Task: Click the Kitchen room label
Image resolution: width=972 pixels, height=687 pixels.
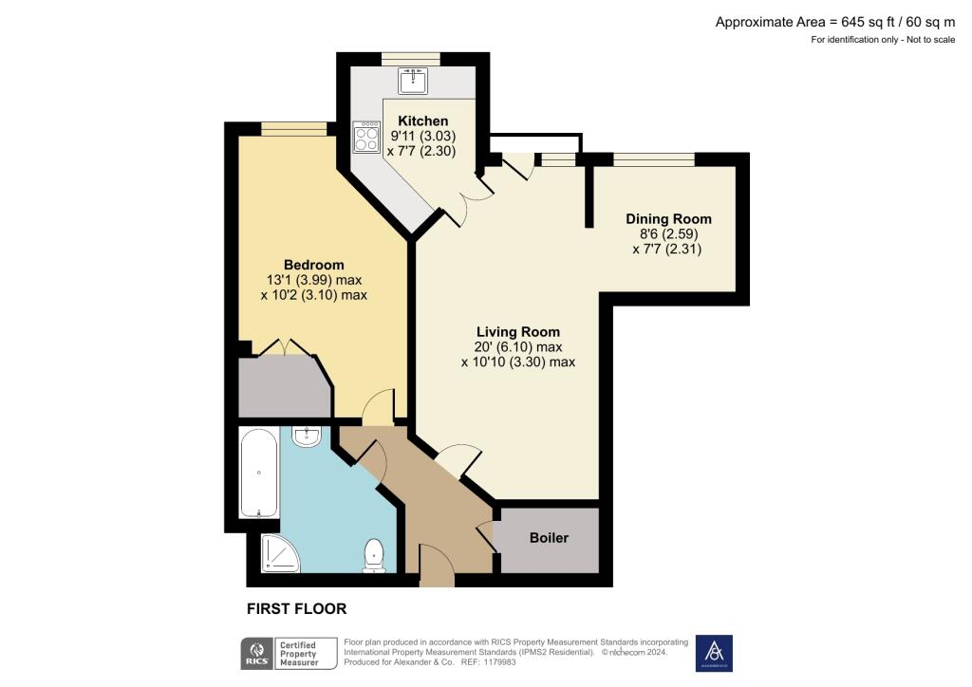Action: [x=422, y=121]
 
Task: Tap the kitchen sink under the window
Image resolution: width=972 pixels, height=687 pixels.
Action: [x=413, y=82]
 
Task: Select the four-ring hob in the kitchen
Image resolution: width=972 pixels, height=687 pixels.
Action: [x=365, y=139]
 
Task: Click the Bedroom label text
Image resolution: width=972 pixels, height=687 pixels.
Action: [x=313, y=265]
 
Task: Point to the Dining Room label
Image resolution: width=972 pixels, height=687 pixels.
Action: [x=668, y=219]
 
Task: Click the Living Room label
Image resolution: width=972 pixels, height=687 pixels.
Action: [x=517, y=332]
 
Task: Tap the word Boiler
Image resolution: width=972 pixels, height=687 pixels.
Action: [x=549, y=538]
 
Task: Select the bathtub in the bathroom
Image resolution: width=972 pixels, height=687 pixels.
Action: [x=259, y=473]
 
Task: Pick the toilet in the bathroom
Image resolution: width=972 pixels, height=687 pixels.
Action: [x=374, y=556]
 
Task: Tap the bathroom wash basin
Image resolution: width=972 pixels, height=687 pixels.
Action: [x=308, y=436]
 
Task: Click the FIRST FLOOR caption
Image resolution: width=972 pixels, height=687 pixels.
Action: [x=296, y=609]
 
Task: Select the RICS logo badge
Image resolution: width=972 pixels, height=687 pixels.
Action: [x=257, y=654]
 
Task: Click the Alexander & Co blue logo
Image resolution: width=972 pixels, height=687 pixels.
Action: [x=714, y=653]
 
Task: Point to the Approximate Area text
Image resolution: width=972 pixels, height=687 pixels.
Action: [x=834, y=22]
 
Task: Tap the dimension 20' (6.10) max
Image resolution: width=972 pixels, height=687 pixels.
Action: [x=517, y=347]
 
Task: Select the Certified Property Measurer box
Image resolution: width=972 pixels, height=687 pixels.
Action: [x=308, y=654]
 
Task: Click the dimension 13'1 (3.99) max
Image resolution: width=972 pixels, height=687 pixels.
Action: [x=313, y=280]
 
